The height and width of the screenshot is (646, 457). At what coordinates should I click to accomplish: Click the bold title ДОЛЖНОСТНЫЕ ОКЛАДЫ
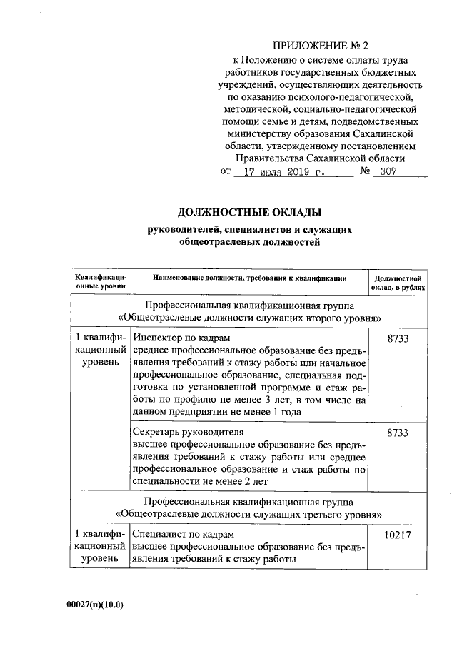[249, 213]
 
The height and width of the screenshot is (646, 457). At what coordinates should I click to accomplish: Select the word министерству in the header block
[262, 133]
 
